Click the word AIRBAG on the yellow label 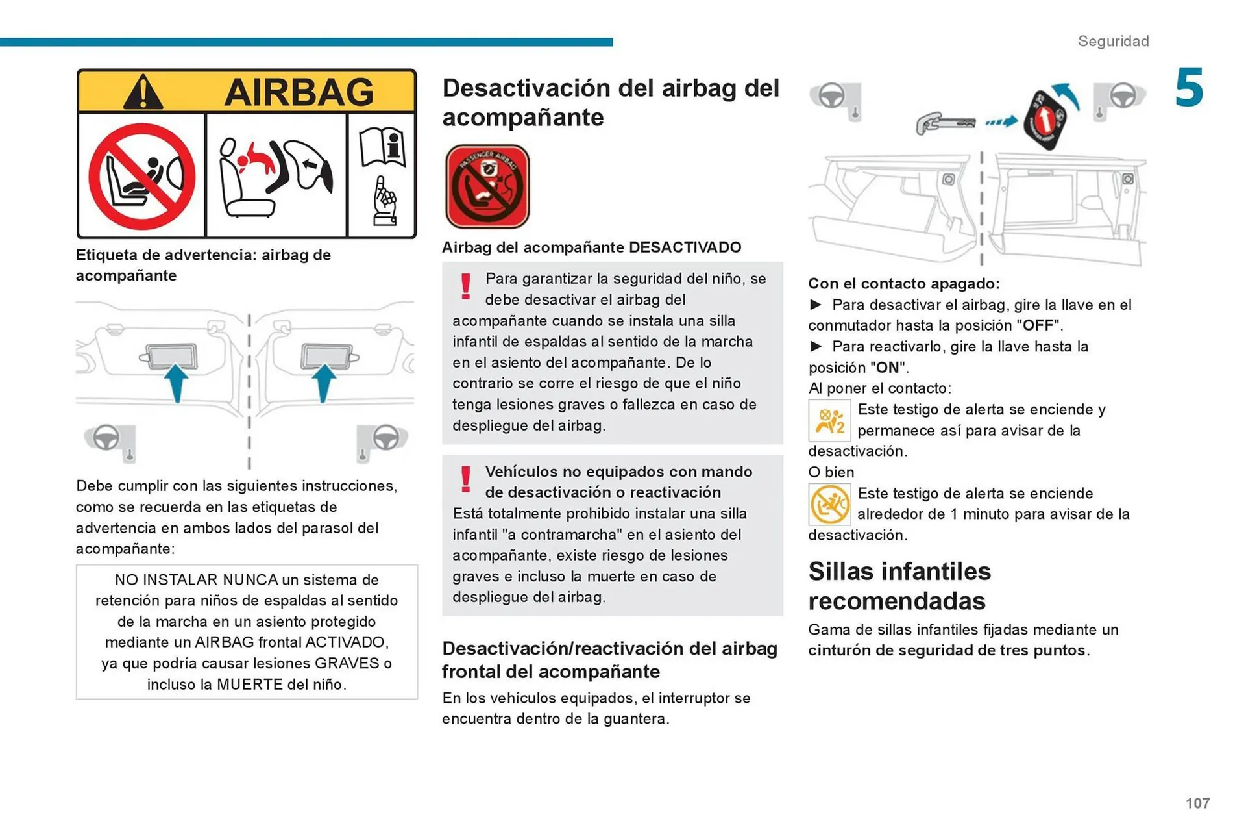[299, 92]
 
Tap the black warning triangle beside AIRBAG [143, 93]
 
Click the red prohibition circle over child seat [142, 176]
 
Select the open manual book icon [382, 147]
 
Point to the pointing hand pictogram [385, 201]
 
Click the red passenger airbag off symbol [487, 187]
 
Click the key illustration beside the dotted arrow [945, 123]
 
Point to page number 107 [1197, 803]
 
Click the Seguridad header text [1113, 41]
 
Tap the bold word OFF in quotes [1038, 325]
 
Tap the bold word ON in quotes [887, 368]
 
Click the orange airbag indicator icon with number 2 [829, 421]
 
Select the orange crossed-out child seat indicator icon [829, 505]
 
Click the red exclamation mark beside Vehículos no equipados [465, 479]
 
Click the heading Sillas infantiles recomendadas [899, 586]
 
